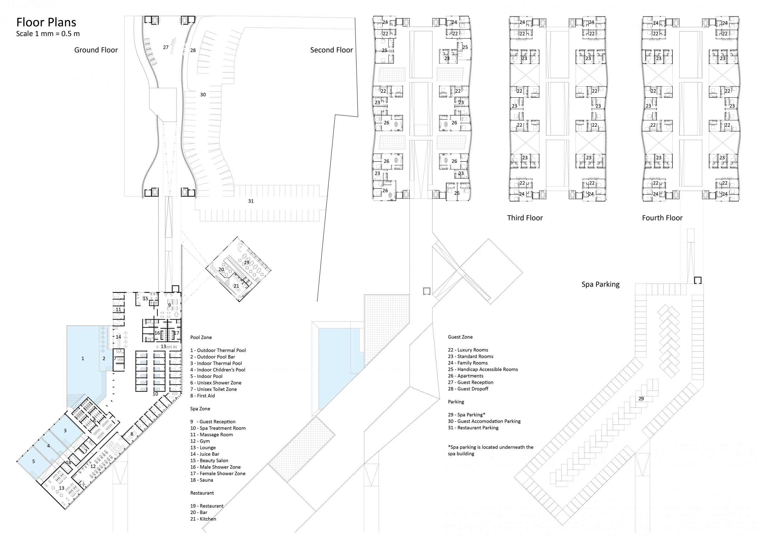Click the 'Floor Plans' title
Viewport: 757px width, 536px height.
[x=46, y=22]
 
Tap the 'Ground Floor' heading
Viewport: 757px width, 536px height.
[x=96, y=50]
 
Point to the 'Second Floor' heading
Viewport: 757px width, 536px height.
[x=331, y=50]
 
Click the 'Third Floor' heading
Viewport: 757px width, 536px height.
[x=525, y=218]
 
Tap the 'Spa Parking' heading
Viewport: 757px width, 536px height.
[x=600, y=284]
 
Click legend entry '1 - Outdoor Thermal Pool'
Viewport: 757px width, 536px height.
[x=218, y=350]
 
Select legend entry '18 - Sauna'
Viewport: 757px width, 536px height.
[x=201, y=480]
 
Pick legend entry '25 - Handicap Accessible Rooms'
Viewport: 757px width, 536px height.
[x=483, y=369]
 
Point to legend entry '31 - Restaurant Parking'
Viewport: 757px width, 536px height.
[x=473, y=428]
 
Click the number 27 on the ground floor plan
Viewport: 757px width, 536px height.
[x=166, y=47]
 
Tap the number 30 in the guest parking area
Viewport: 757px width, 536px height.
[x=203, y=94]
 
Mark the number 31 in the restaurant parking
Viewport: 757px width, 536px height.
[x=251, y=201]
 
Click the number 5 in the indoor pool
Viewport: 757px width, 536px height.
[x=33, y=461]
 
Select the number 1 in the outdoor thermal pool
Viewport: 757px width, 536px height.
[x=83, y=358]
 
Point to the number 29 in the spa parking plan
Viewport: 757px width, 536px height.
[x=641, y=398]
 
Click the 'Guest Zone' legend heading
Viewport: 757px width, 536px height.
[x=460, y=337]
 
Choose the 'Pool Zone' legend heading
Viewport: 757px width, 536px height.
[x=201, y=337]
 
